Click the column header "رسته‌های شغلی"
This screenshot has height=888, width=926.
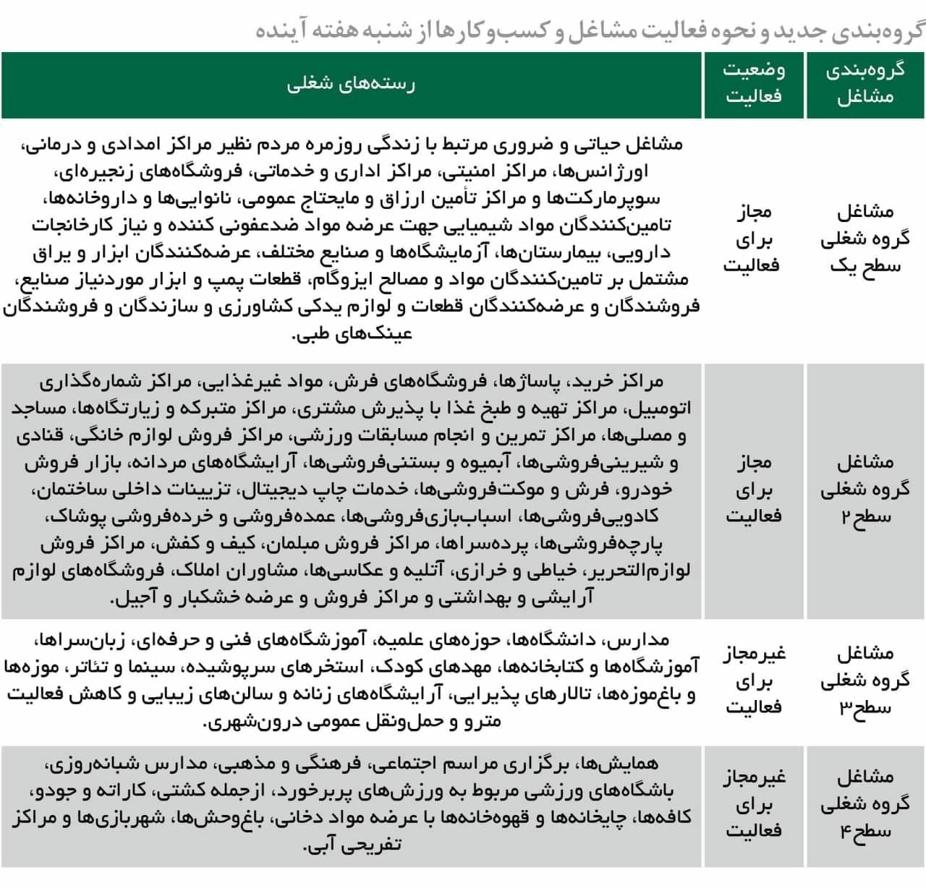(x=352, y=84)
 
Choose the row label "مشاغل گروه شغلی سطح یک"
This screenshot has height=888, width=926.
(x=865, y=238)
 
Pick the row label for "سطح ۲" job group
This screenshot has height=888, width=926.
(x=865, y=489)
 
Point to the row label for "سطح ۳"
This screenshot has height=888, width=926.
(x=865, y=680)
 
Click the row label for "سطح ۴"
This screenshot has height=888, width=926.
(x=865, y=803)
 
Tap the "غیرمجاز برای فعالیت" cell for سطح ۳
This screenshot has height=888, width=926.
(x=754, y=680)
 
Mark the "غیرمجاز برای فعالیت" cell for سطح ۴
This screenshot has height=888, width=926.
(x=754, y=803)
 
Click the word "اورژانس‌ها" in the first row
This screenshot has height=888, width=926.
(x=612, y=171)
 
